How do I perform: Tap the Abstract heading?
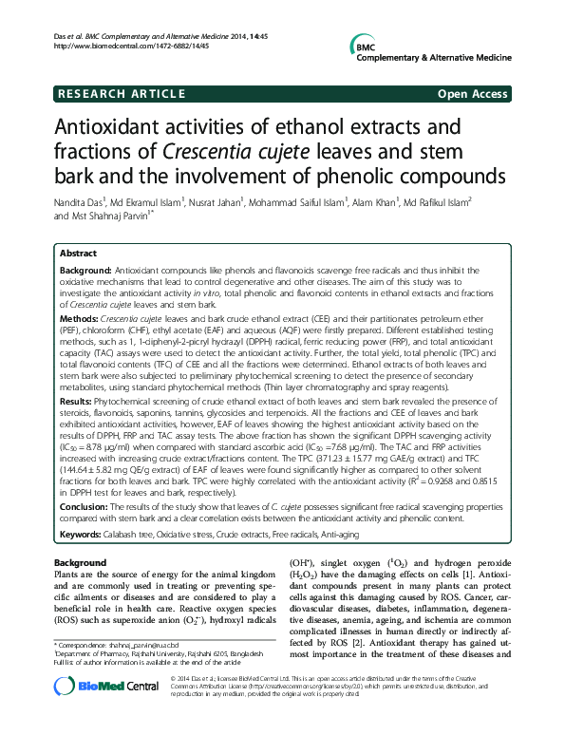(x=78, y=254)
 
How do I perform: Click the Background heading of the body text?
(x=80, y=564)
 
